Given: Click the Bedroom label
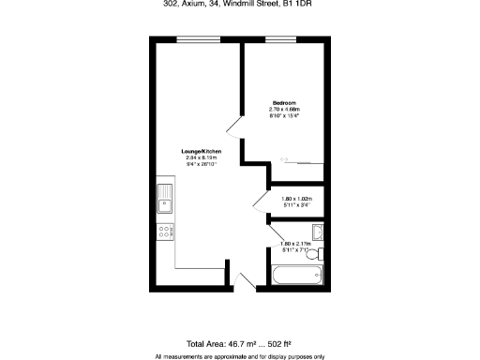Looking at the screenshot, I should pyautogui.click(x=283, y=102).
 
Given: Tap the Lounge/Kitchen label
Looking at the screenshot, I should pyautogui.click(x=201, y=150).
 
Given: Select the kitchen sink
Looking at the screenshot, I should pyautogui.click(x=165, y=200).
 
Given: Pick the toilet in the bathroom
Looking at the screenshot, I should pyautogui.click(x=320, y=254).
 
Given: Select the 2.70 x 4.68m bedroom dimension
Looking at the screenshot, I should pyautogui.click(x=283, y=109).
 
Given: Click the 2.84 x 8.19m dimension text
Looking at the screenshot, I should pyautogui.click(x=201, y=157).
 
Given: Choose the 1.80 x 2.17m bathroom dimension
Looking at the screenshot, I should pyautogui.click(x=295, y=245).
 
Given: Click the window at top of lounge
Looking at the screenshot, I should pyautogui.click(x=192, y=38).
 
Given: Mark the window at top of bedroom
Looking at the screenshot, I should pyautogui.click(x=279, y=38).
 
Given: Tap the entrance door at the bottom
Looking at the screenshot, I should pyautogui.click(x=246, y=280).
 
